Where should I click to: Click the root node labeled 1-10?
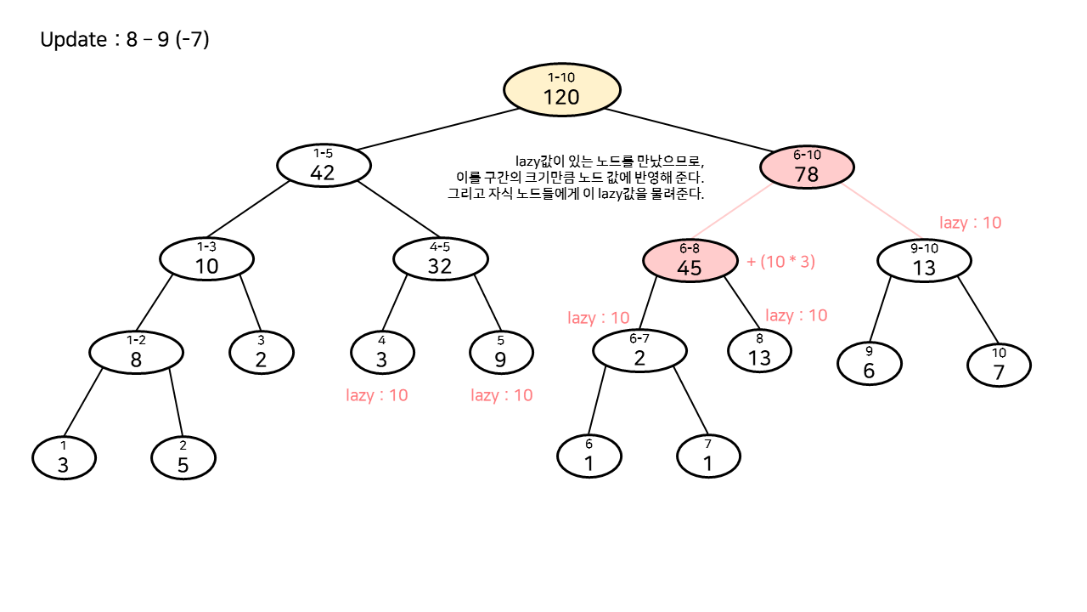click(561, 89)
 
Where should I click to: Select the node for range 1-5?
click(323, 165)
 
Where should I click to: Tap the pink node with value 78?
click(806, 167)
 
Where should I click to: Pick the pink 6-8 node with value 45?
click(689, 259)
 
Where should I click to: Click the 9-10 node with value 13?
click(923, 260)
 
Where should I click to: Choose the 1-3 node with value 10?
click(206, 258)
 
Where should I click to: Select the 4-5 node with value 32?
click(440, 258)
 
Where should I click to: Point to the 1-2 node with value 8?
click(136, 352)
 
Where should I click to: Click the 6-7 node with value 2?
click(639, 350)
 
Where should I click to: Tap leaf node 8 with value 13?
click(759, 350)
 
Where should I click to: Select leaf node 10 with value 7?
click(999, 365)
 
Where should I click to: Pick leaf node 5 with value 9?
click(501, 352)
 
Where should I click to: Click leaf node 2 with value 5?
click(183, 458)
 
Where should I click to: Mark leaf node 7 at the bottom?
click(708, 457)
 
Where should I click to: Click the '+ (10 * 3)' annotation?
click(780, 262)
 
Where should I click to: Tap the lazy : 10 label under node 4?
click(376, 395)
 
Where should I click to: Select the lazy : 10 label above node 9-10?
click(970, 223)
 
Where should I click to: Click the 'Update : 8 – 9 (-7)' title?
click(125, 39)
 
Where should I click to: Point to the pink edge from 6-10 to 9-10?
click(884, 212)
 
